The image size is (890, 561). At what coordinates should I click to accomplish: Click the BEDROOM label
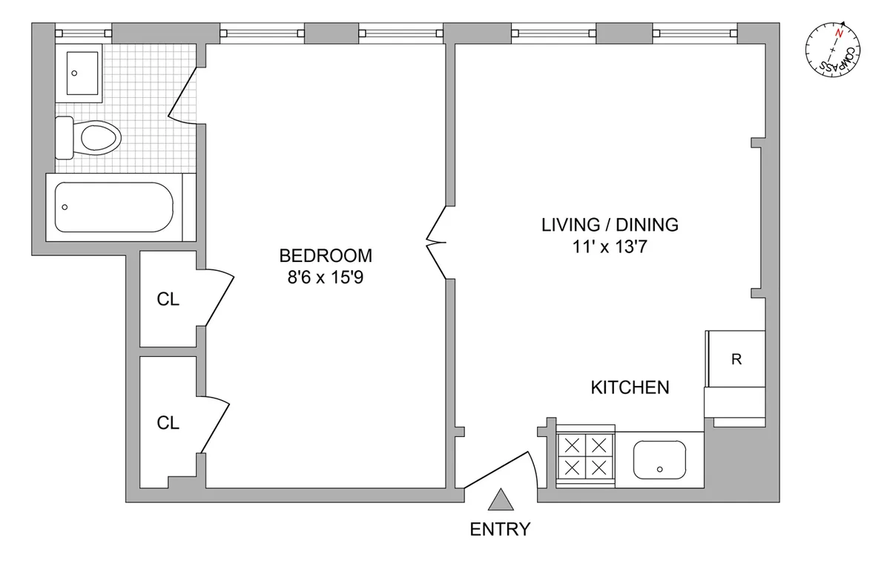(x=325, y=256)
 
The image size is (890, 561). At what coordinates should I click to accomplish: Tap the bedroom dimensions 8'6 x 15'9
(x=325, y=280)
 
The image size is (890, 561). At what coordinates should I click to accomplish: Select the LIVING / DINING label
(x=610, y=225)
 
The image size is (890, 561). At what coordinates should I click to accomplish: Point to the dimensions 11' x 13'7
(x=610, y=249)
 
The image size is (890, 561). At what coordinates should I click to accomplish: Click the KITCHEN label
(x=630, y=387)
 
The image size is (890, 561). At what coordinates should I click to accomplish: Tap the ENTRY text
(x=501, y=529)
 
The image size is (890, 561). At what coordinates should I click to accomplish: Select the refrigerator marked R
(x=736, y=360)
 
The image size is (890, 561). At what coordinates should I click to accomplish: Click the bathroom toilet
(x=89, y=138)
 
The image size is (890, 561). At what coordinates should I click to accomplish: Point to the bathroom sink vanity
(x=83, y=73)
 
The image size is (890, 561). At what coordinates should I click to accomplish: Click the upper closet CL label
(x=168, y=299)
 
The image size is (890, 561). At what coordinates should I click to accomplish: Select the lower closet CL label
(x=168, y=422)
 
